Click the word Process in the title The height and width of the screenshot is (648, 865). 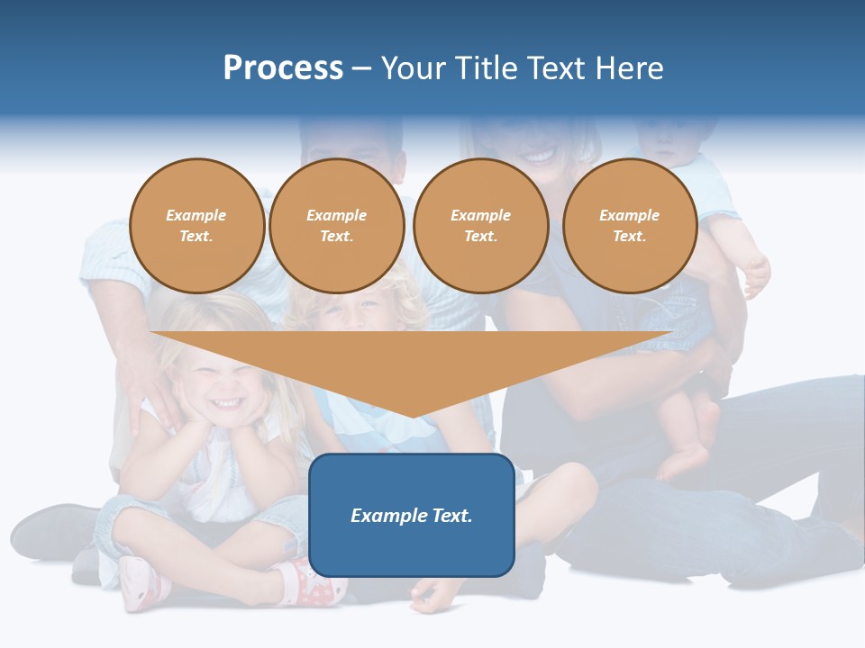coord(283,68)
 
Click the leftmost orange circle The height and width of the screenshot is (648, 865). coord(197,226)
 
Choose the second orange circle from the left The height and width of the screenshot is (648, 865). coord(337,226)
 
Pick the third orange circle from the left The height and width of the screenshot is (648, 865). coord(481,226)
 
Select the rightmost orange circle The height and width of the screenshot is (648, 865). coord(630,226)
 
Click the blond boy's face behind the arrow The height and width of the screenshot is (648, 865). coord(360,310)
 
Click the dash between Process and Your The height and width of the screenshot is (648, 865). coord(362,69)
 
